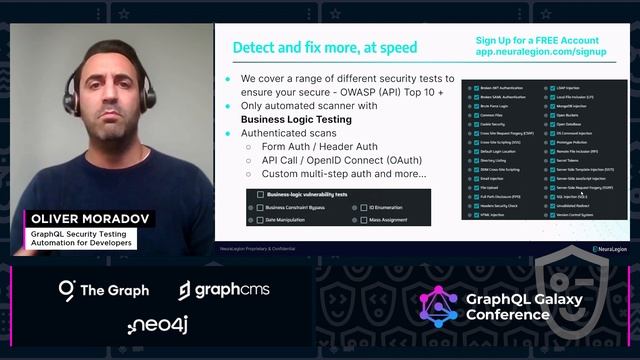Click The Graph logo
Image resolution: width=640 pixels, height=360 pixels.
(103, 290)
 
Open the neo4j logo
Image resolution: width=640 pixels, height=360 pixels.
(157, 325)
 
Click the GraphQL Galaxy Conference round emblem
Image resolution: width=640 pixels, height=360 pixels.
(438, 308)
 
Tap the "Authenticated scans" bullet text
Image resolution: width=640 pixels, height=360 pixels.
(287, 132)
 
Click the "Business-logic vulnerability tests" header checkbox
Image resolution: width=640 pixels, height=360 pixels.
(261, 195)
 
